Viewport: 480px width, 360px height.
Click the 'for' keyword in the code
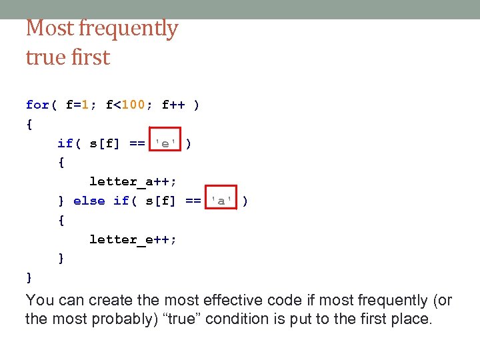click(37, 105)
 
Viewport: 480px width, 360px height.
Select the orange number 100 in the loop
click(134, 105)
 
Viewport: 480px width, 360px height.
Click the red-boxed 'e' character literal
click(165, 143)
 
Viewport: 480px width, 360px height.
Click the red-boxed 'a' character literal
click(221, 201)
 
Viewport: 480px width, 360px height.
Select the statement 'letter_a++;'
click(133, 181)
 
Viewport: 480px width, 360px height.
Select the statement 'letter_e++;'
click(133, 239)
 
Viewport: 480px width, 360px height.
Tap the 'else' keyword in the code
click(89, 201)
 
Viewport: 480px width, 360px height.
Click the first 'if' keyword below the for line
click(65, 143)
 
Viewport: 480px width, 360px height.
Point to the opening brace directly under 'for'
click(29, 124)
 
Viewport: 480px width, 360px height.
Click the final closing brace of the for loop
click(29, 277)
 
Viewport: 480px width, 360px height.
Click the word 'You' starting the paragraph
click(39, 301)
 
